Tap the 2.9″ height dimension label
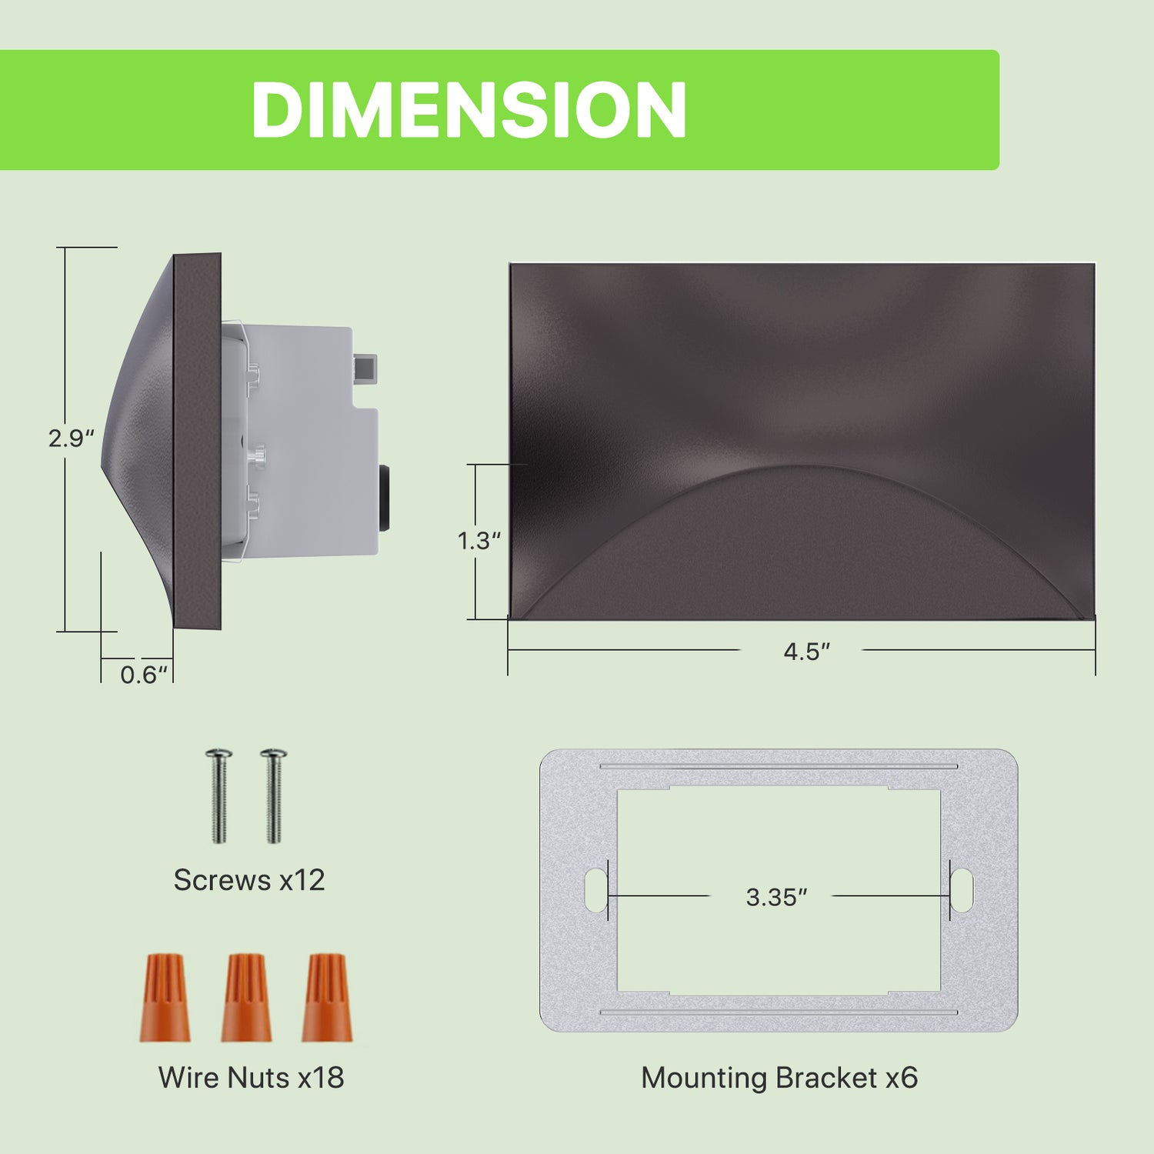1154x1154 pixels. coord(71,439)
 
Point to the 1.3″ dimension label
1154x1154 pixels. coord(479,541)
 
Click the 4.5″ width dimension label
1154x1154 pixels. coord(807,652)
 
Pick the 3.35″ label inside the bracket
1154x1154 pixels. coord(776,897)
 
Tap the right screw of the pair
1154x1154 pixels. coord(274,796)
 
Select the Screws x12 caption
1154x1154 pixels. coord(249,880)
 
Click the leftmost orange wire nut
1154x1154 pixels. coord(165,998)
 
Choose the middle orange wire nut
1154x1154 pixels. coord(246,998)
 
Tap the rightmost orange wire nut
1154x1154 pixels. coord(326,998)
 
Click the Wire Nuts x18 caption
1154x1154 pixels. coord(251,1078)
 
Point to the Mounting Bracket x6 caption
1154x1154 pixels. coord(779,1078)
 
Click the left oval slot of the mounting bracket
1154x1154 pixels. coord(596,891)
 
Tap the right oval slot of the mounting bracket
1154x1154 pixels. coord(962,891)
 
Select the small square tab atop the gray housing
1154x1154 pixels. coord(365,369)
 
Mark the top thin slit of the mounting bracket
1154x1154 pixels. coord(779,766)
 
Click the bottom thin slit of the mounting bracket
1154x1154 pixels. coord(779,1012)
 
